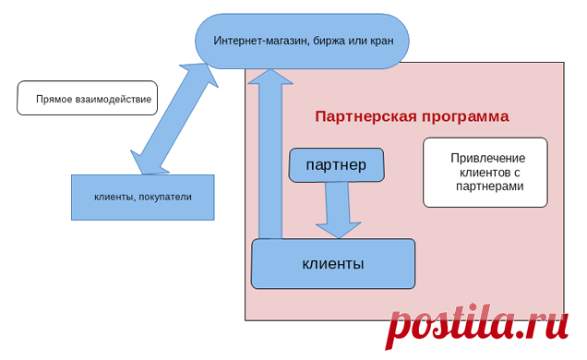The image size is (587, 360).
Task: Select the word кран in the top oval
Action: coord(382,41)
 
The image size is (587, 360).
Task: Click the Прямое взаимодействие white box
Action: coord(88,98)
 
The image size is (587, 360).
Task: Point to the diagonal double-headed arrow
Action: coord(174,119)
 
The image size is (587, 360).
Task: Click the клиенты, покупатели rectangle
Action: coord(143,198)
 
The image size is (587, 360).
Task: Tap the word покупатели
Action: coord(165,197)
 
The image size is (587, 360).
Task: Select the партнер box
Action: coord(336,165)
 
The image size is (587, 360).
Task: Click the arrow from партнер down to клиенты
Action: coord(338,210)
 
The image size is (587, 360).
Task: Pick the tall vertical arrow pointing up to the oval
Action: coord(270,153)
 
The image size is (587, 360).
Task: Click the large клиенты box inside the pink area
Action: coord(333,264)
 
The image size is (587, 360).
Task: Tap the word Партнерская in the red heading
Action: coord(366,116)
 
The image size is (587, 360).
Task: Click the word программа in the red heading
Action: coord(466,117)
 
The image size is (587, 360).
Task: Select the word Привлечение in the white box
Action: coord(488,158)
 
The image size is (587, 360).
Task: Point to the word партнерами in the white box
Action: coord(490,186)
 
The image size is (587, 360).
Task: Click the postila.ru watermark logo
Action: coord(476,325)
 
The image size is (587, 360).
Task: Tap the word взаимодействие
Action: coord(114,99)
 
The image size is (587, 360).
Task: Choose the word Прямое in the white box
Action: coord(54,100)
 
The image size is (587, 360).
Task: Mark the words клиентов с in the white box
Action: coord(490,173)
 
